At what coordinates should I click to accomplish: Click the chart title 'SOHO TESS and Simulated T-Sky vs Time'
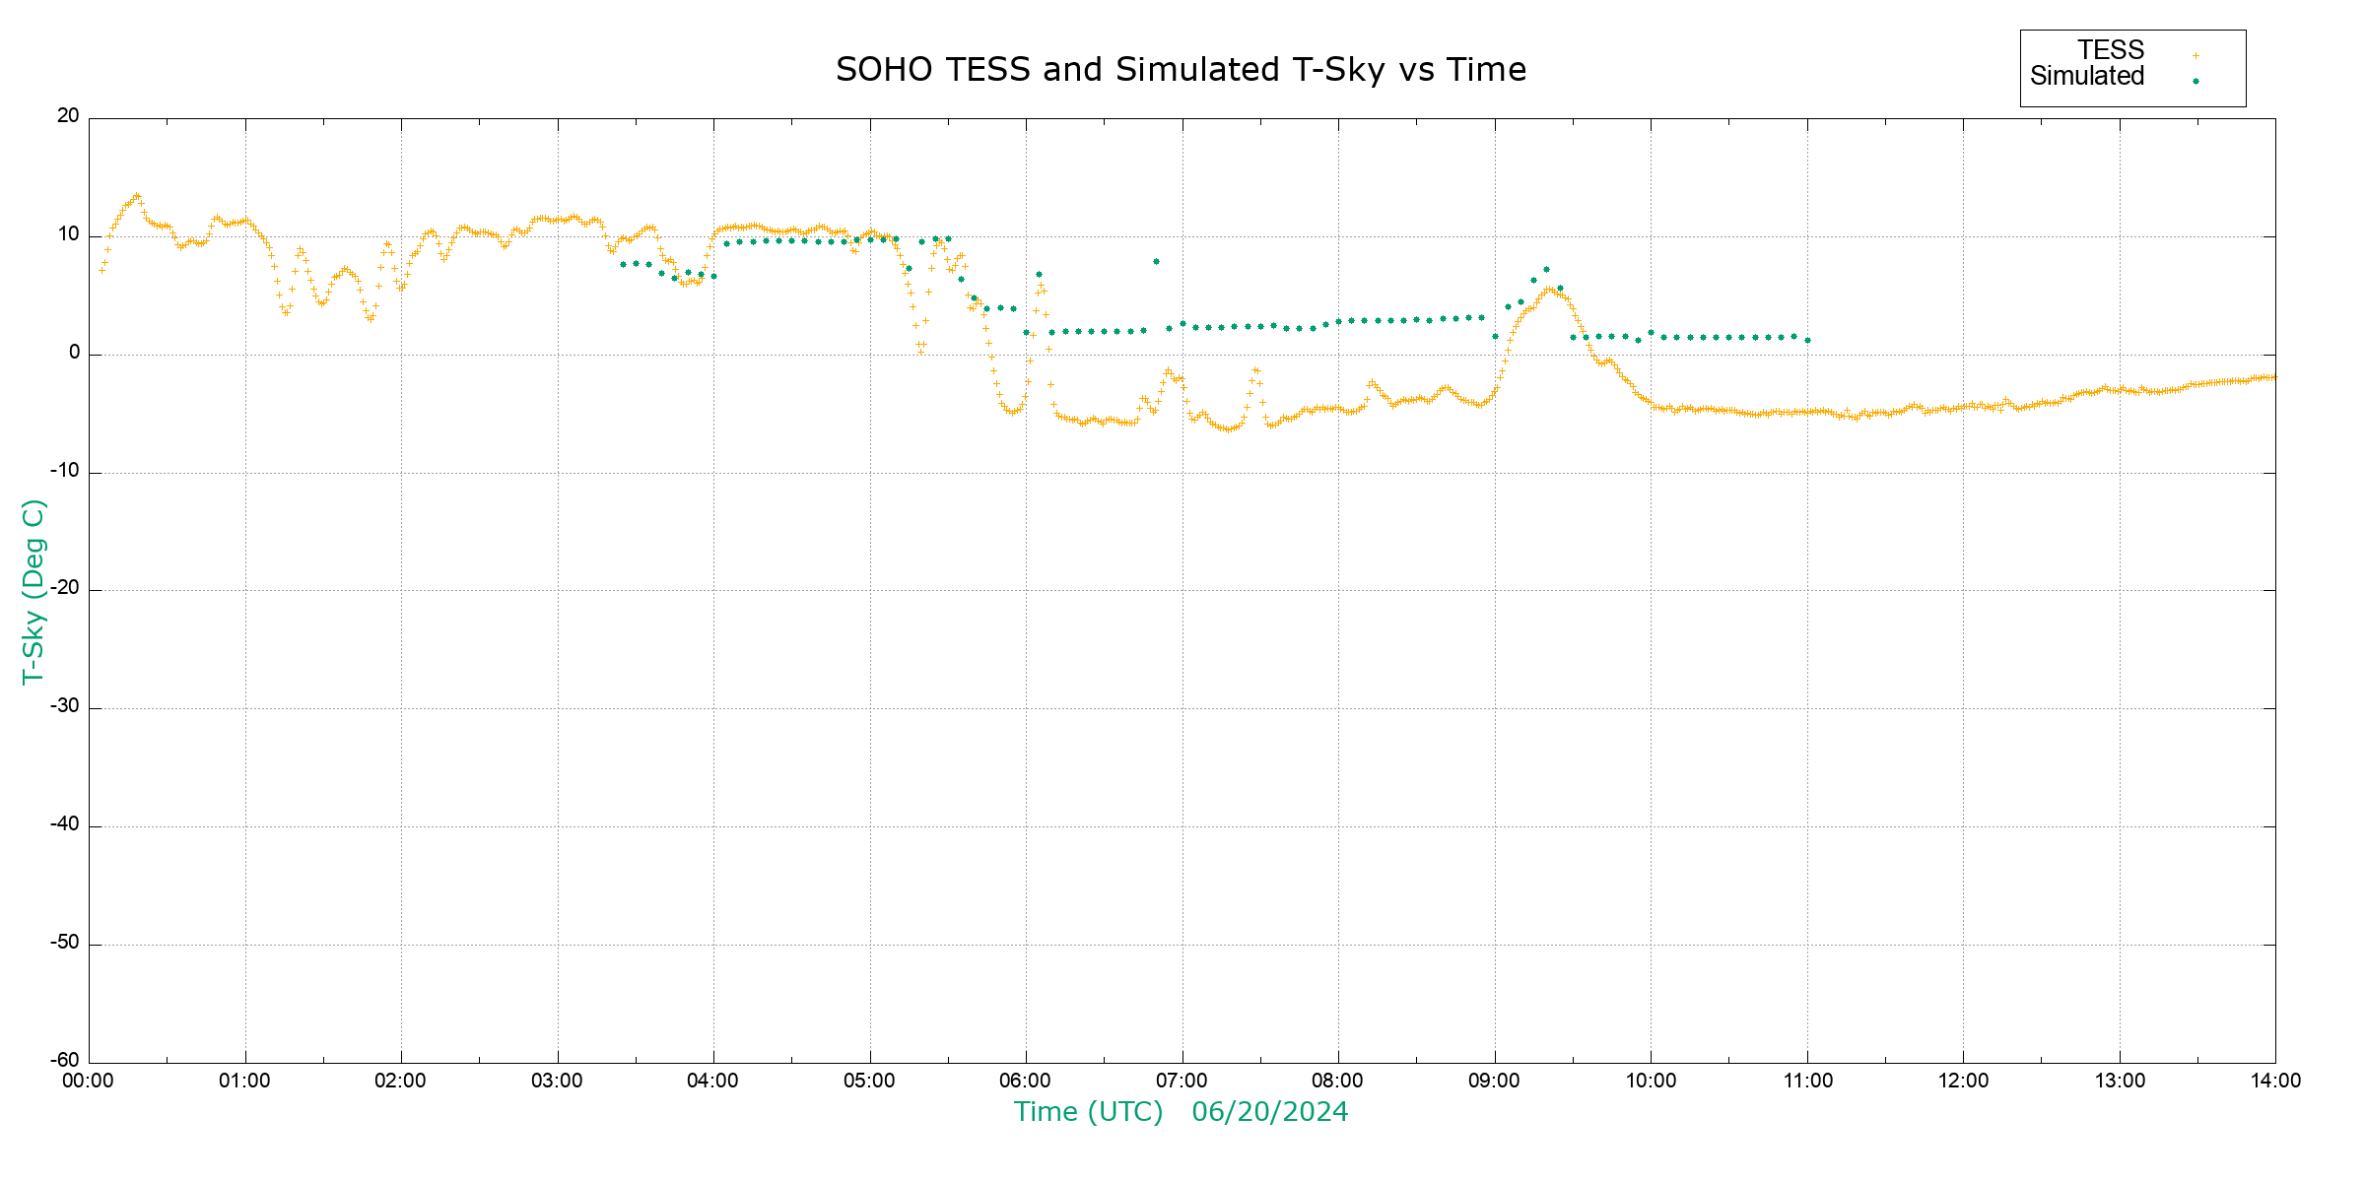click(x=1181, y=70)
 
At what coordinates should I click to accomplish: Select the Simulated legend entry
click(x=2087, y=77)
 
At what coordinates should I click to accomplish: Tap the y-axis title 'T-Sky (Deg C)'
click(x=34, y=591)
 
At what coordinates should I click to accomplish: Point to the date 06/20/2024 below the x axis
click(x=1269, y=1112)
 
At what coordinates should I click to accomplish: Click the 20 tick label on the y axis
click(x=68, y=116)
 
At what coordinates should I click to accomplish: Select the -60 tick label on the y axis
click(x=65, y=1061)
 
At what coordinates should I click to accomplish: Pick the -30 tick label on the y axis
click(x=65, y=707)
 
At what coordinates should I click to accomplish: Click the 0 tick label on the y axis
click(x=74, y=353)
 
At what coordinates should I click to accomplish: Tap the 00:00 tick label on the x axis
click(x=89, y=1082)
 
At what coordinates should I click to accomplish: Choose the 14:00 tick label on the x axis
click(x=2274, y=1082)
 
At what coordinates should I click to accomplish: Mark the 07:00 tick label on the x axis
click(x=1182, y=1082)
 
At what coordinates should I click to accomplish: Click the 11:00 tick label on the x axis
click(x=1807, y=1082)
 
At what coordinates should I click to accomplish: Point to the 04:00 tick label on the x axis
click(x=712, y=1082)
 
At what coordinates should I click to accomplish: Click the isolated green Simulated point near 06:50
click(x=1156, y=262)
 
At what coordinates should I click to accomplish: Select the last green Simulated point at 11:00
click(x=1807, y=341)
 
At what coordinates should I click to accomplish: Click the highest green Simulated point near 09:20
click(x=1546, y=269)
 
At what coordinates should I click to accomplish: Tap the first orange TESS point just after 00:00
click(x=101, y=270)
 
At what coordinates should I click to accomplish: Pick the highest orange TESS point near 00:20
click(x=137, y=195)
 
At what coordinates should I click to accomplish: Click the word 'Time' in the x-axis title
click(x=1046, y=1112)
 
